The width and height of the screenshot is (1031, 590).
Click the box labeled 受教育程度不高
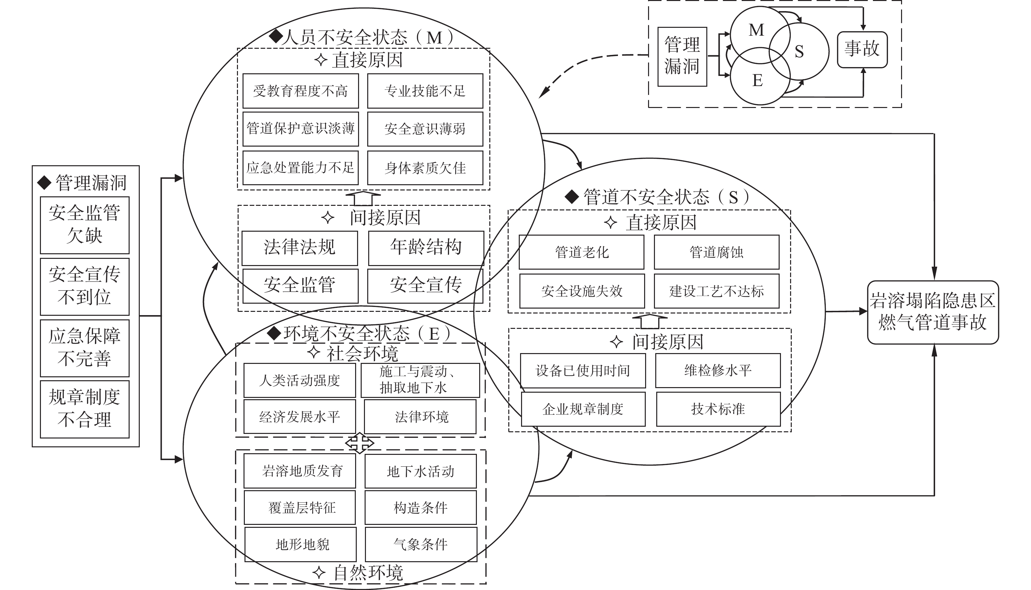301,91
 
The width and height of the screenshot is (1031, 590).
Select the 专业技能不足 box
425,91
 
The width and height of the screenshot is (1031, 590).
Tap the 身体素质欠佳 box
425,168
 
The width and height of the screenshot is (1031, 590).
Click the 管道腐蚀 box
716,252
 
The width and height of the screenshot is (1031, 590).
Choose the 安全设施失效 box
582,291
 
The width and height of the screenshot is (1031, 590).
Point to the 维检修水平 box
718,370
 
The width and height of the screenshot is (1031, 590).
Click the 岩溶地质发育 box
300,471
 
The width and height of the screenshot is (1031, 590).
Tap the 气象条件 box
421,544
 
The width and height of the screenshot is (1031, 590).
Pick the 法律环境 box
420,417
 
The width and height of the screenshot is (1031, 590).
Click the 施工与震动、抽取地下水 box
420,380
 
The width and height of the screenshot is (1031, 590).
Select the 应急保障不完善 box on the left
85,348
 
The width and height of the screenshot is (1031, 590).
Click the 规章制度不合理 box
85,409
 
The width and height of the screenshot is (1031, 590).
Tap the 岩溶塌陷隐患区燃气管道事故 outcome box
933,313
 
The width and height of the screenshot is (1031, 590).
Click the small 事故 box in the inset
862,49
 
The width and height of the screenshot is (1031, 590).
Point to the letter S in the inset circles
799,51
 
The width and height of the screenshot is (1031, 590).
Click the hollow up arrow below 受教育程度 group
363,198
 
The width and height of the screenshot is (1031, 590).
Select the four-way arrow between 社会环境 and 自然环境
359,443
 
